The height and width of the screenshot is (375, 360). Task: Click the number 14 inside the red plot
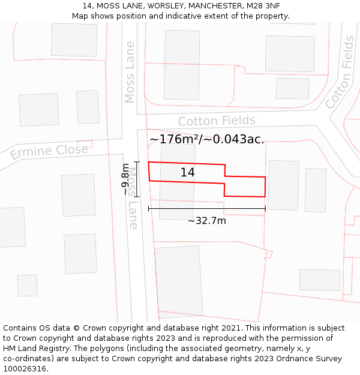click(x=187, y=173)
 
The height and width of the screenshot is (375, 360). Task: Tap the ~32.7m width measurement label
click(x=206, y=221)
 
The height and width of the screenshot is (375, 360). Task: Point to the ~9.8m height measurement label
click(x=126, y=179)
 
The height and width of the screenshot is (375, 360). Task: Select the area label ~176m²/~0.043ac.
click(x=207, y=139)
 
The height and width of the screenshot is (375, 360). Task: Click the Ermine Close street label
click(x=49, y=152)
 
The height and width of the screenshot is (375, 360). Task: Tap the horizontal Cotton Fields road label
click(x=217, y=121)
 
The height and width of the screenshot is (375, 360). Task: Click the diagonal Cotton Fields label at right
click(x=340, y=72)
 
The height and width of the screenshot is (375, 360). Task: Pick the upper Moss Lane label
click(x=130, y=72)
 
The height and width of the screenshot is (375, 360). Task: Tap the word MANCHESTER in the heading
click(x=207, y=6)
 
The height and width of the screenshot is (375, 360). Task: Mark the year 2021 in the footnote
click(x=230, y=328)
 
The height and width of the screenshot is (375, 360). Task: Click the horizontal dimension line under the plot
click(x=206, y=209)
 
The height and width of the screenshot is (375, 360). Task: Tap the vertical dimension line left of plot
click(x=137, y=179)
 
